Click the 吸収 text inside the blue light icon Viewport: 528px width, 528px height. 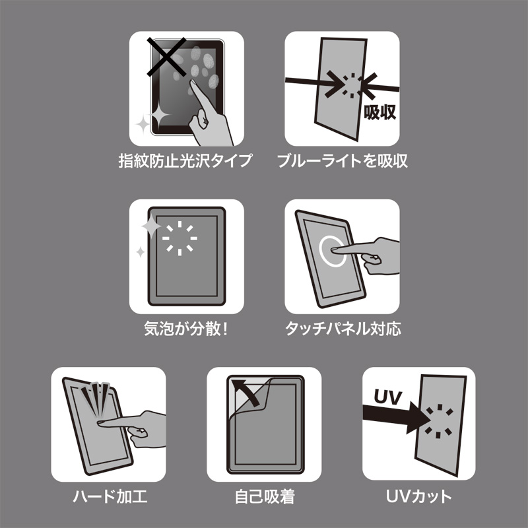pos(379,112)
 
